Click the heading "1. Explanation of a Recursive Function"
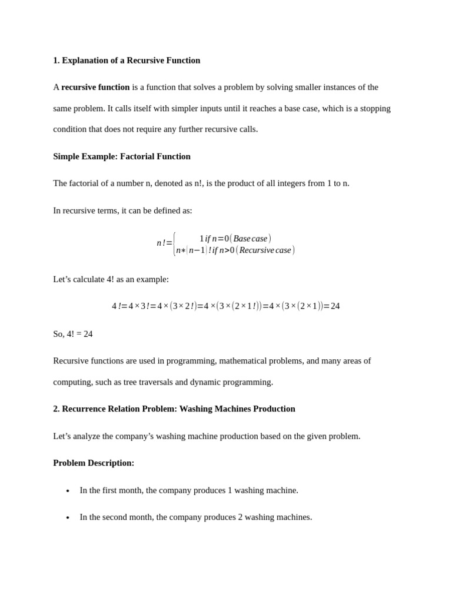click(x=127, y=61)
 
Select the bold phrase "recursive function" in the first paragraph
click(x=95, y=87)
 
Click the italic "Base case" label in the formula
click(x=250, y=239)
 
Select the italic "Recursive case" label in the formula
click(x=265, y=250)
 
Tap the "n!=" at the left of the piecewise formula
click(x=164, y=243)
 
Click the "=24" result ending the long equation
click(x=332, y=306)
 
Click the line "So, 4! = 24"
click(x=73, y=334)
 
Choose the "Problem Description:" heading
click(x=94, y=463)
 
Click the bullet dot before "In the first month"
click(x=68, y=491)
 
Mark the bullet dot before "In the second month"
click(x=68, y=518)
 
